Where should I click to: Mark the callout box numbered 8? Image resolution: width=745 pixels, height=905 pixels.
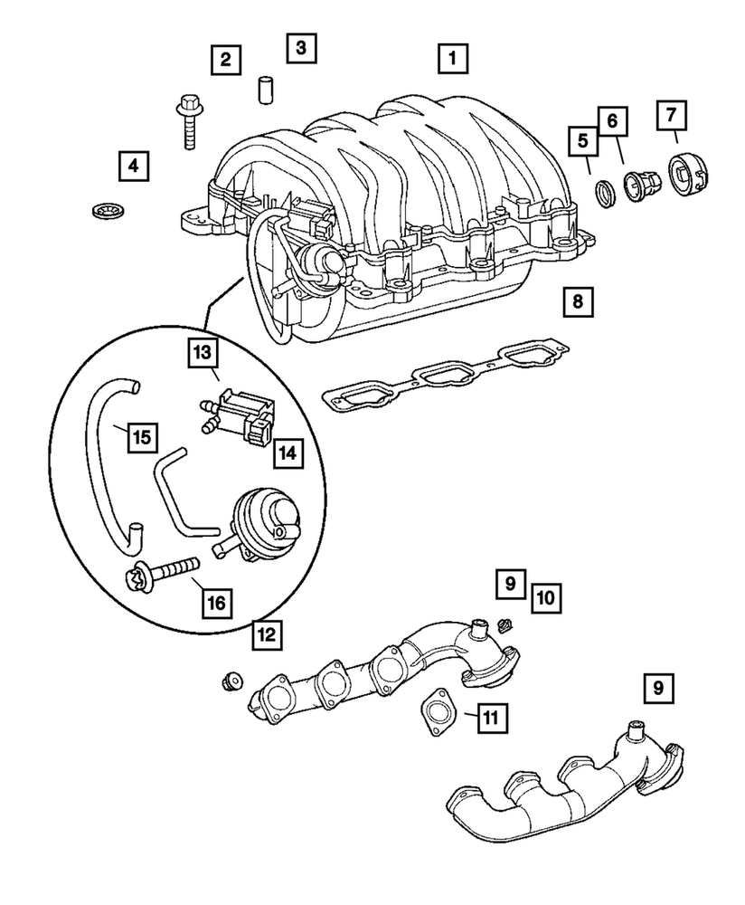click(577, 300)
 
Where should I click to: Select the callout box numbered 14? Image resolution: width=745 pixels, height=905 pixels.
click(287, 452)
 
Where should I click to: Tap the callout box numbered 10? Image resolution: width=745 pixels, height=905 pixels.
click(545, 596)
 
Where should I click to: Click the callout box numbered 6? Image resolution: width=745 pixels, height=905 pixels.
click(612, 118)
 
